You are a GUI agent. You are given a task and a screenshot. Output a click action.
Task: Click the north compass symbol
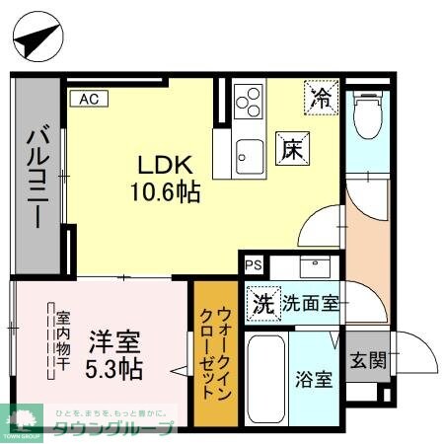click(x=38, y=38)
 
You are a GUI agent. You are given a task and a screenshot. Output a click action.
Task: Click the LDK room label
click(x=164, y=165)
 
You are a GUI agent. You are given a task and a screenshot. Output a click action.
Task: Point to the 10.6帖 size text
click(x=165, y=191)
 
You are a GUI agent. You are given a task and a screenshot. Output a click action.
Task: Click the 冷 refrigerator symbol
click(x=321, y=97)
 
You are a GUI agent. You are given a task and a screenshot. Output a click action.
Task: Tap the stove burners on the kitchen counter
click(x=249, y=101)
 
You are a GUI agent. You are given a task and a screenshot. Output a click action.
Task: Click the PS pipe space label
click(x=254, y=264)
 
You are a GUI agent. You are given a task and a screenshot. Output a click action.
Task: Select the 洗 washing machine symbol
click(x=262, y=302)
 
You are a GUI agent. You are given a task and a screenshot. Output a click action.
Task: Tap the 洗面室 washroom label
click(x=312, y=303)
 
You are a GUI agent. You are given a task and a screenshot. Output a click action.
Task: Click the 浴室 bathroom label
click(x=317, y=378)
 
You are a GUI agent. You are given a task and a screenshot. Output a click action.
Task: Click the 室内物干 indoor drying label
click(x=61, y=342)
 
